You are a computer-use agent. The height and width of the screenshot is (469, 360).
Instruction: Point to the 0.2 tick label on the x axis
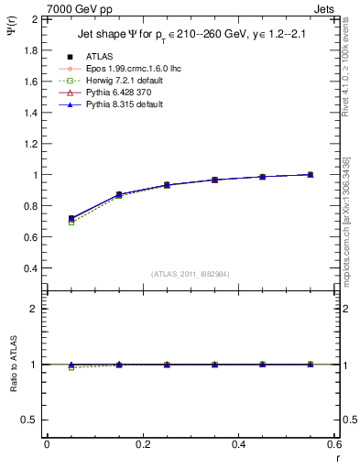[x=143, y=444]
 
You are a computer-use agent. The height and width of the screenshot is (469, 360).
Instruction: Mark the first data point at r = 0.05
[x=71, y=219]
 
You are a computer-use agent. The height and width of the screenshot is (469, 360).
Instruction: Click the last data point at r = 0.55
[x=311, y=174]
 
